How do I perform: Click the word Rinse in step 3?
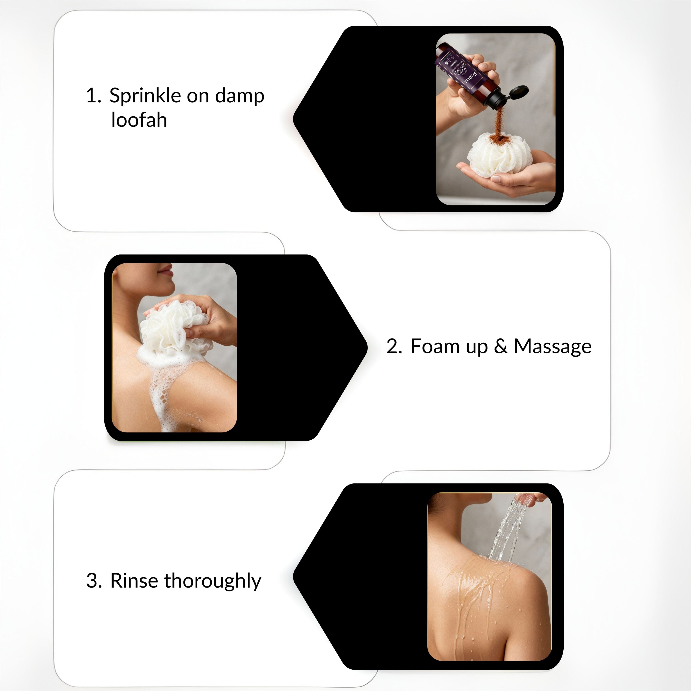pos(133,581)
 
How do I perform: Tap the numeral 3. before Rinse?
pos(94,581)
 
